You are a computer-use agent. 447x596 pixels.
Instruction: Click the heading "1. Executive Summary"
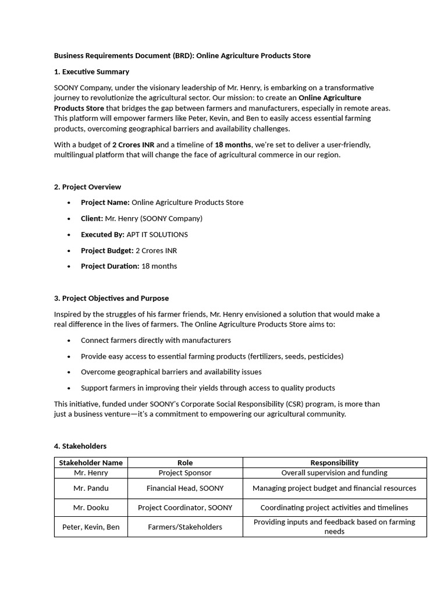91,72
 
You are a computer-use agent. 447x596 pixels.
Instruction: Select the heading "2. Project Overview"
87,187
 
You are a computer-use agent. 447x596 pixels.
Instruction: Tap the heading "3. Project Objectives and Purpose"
111,298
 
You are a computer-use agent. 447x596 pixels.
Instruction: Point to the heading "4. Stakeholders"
80,446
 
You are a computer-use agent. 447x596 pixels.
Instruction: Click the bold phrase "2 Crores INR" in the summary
133,144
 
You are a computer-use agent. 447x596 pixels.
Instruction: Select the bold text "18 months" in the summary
233,144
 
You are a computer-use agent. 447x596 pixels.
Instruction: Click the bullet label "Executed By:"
102,235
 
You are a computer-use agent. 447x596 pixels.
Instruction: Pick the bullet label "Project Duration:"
110,266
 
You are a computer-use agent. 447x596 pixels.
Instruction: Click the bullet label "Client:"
92,218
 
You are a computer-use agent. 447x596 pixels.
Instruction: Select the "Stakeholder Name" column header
91,463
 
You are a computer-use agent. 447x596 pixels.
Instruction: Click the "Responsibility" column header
334,463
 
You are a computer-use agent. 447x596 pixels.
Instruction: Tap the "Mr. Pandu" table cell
91,488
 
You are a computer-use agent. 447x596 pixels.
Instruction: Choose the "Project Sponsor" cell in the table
185,473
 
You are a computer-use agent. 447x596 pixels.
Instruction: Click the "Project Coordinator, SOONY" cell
185,508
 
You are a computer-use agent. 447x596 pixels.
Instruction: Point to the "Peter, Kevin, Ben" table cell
91,527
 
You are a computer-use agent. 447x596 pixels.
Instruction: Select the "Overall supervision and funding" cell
334,473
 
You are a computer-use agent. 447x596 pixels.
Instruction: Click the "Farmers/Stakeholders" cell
185,527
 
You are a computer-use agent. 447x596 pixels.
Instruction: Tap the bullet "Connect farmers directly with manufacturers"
155,340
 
